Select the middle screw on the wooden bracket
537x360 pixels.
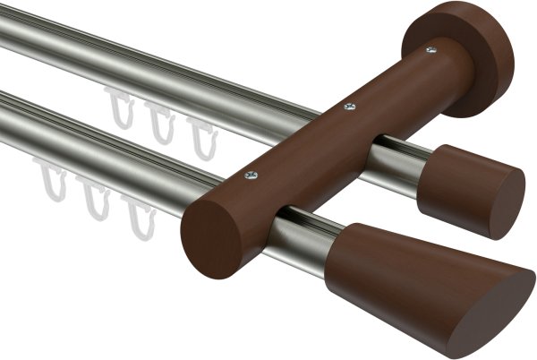tap(349, 107)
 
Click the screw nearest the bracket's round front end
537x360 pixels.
tap(251, 174)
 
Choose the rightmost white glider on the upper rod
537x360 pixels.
tap(204, 135)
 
